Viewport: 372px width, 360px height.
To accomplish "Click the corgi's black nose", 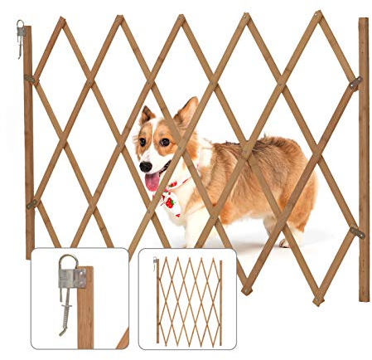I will (x=146, y=167).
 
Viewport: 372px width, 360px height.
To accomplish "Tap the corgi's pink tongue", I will (x=152, y=182).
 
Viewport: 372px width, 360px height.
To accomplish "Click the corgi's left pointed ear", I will (x=147, y=115).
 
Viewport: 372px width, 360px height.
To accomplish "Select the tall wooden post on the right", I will (x=364, y=158).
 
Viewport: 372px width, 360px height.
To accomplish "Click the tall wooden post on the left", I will (x=28, y=141).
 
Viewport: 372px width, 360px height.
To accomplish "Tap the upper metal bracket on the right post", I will (x=355, y=84).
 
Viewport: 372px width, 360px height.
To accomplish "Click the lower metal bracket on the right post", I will (x=356, y=233).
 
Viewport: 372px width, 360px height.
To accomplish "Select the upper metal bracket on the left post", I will (x=31, y=80).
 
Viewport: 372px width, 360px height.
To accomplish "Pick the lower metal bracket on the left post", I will (x=32, y=204).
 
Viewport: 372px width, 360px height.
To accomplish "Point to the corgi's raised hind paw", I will (x=286, y=241).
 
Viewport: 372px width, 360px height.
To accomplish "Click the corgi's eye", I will (x=164, y=142).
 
